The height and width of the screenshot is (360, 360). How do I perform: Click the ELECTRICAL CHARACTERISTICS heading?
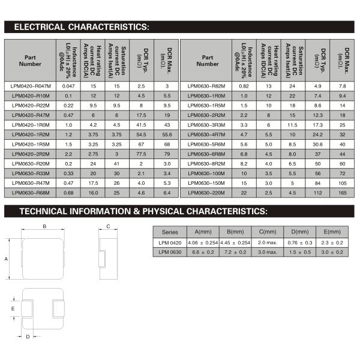pyautogui.click(x=81, y=27)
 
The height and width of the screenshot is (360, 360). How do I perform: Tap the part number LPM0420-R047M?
pyautogui.click(x=31, y=86)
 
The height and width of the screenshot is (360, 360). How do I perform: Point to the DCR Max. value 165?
pyautogui.click(x=342, y=192)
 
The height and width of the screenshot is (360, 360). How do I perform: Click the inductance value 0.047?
pyautogui.click(x=68, y=86)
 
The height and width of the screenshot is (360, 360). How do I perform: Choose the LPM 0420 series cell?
pyautogui.click(x=170, y=242)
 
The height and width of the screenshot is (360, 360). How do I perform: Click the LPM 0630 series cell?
pyautogui.click(x=170, y=252)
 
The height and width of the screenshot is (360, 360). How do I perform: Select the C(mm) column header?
pyautogui.click(x=266, y=232)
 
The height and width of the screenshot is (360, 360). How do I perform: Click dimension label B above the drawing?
pyautogui.click(x=44, y=226)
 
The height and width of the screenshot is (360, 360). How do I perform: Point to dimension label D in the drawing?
pyautogui.click(x=28, y=337)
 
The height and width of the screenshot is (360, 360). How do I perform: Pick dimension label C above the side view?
pyautogui.click(x=108, y=226)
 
